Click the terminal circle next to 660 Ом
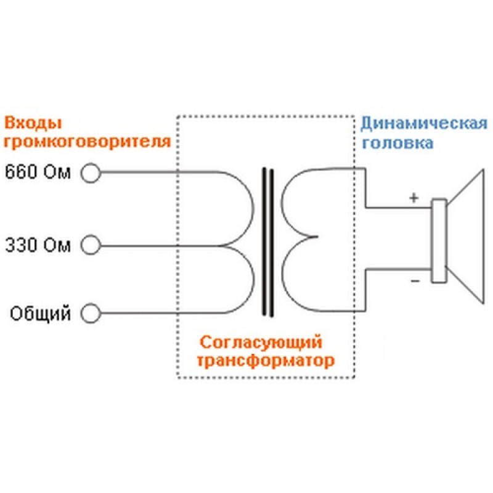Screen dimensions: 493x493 (x=91, y=173)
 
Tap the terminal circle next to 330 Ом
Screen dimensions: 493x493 (x=91, y=246)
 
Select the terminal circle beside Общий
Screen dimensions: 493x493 (x=91, y=314)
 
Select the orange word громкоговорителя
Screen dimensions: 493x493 (x=87, y=143)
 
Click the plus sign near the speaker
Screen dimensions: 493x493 (x=414, y=198)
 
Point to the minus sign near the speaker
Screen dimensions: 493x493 (x=414, y=280)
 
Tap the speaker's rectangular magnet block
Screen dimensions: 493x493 (x=438, y=241)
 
